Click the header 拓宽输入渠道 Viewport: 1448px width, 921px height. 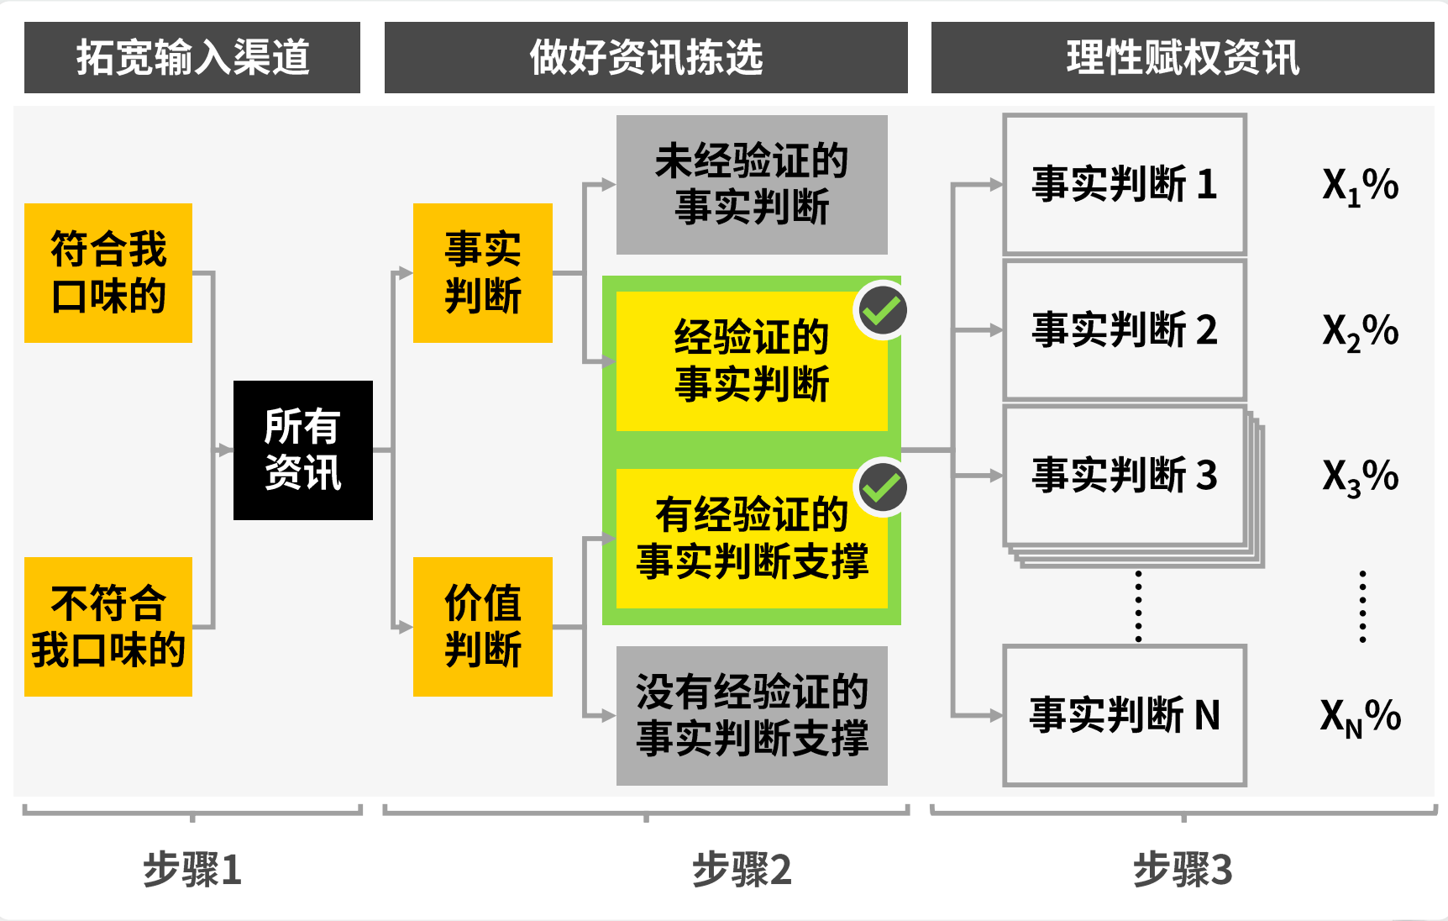click(192, 57)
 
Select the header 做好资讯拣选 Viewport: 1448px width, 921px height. click(645, 57)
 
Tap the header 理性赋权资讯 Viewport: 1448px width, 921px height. click(1182, 57)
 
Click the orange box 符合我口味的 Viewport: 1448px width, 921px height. click(108, 273)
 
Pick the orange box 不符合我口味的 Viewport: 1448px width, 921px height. click(108, 627)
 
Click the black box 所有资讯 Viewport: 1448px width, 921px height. click(302, 450)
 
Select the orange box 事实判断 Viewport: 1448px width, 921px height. click(482, 273)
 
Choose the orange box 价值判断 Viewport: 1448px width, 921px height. click(482, 627)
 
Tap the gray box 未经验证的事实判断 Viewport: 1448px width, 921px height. click(752, 185)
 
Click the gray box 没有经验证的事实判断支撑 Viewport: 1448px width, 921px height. click(752, 716)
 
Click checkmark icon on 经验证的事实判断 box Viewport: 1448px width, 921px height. click(882, 312)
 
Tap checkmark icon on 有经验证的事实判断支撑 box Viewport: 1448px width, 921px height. click(882, 488)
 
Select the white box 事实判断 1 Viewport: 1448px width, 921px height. click(1125, 185)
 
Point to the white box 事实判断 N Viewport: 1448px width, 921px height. click(1125, 716)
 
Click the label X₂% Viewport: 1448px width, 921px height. click(1360, 331)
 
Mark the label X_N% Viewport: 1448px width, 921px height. click(1360, 717)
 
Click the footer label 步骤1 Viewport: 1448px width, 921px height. click(192, 870)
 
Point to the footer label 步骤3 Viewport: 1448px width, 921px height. click(1182, 870)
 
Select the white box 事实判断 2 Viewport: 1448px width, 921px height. click(1125, 330)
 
